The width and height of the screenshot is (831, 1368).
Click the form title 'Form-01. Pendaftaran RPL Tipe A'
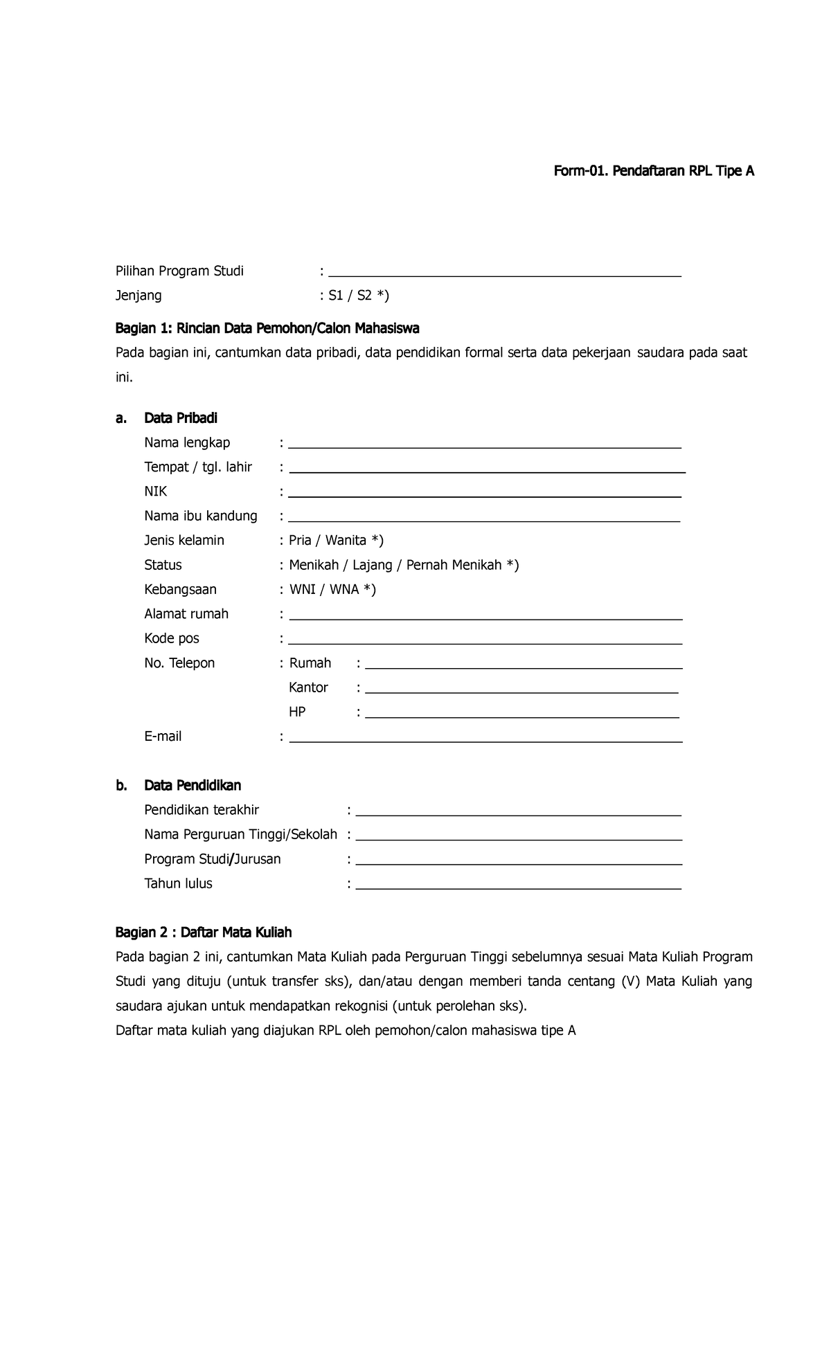pos(653,171)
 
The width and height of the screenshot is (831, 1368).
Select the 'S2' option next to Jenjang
pos(364,296)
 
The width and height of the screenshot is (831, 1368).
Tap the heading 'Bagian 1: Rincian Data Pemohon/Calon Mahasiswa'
pos(267,327)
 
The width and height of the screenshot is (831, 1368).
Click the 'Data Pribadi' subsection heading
pos(180,418)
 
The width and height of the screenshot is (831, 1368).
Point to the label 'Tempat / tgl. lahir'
pos(198,467)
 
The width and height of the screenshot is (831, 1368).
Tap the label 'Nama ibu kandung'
pos(201,516)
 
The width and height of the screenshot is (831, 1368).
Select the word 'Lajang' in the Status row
pos(373,565)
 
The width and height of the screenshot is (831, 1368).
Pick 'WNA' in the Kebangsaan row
pos(344,590)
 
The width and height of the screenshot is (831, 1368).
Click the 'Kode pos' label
pos(171,638)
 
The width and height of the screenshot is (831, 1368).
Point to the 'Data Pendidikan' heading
pos(193,786)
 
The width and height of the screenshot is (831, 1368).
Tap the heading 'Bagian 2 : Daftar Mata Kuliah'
pos(204,933)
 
